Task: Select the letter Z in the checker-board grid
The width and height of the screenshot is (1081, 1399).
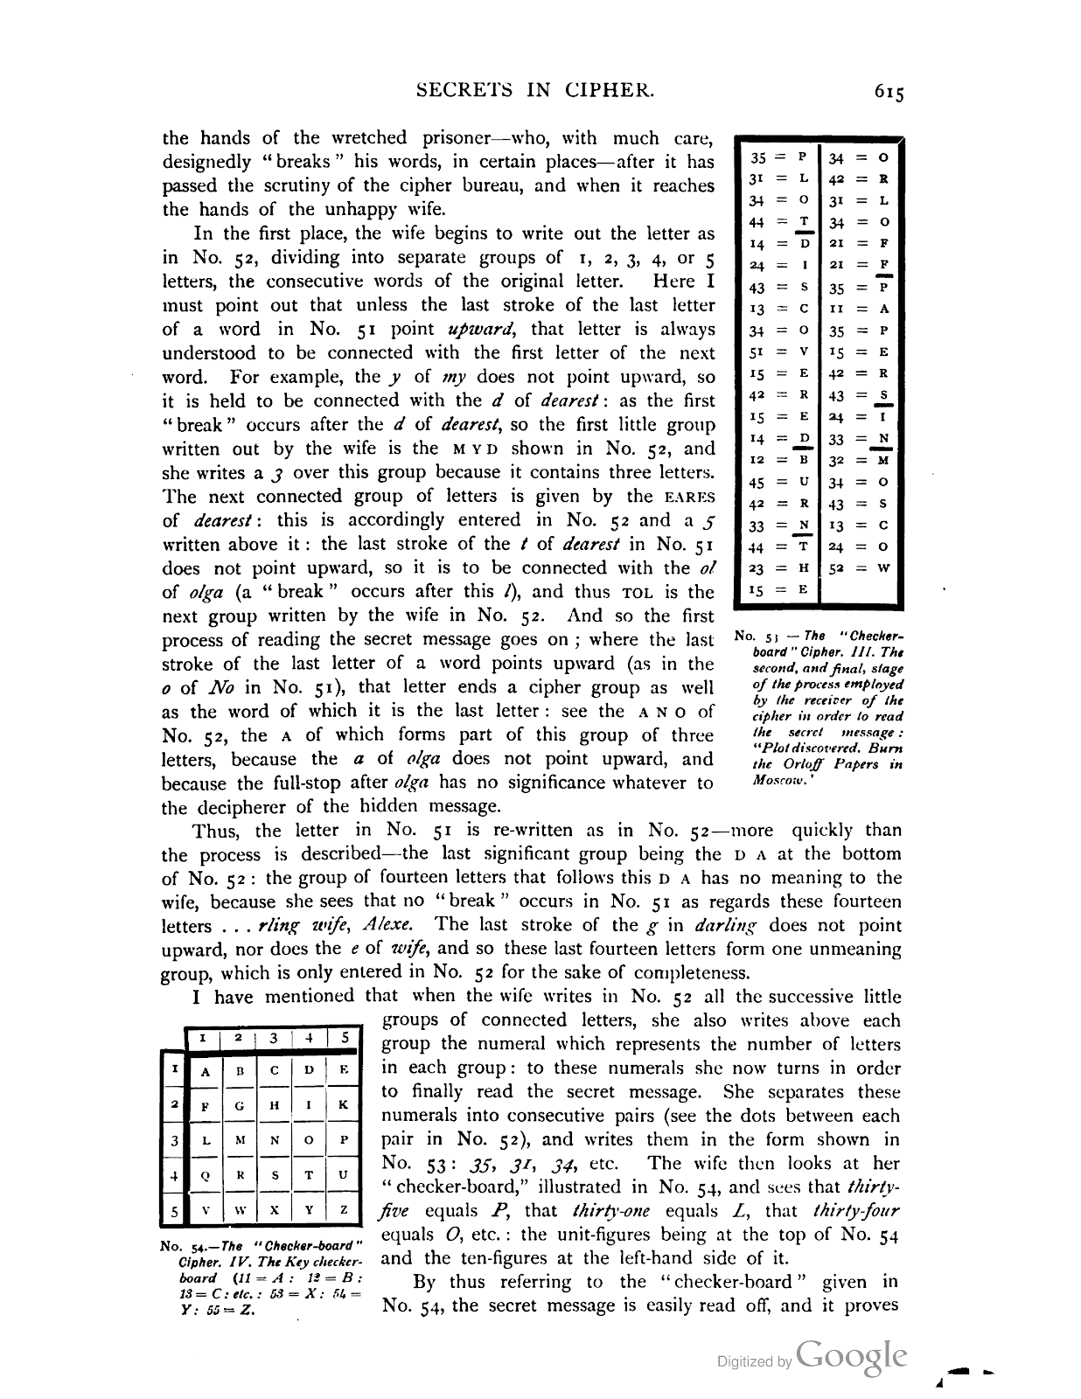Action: click(x=344, y=1211)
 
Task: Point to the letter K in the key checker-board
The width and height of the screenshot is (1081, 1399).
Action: click(x=344, y=1105)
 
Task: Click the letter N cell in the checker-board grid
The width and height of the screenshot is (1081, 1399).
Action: click(x=274, y=1141)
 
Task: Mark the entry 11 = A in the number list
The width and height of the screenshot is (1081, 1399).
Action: click(x=859, y=309)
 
